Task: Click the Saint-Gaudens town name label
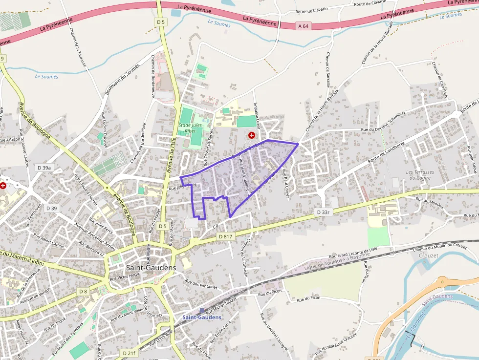[x=151, y=267]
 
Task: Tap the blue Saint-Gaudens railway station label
[x=202, y=317]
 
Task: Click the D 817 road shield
[x=225, y=236]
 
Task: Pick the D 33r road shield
[x=324, y=212]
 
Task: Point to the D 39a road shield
[x=44, y=168]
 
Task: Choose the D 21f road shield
[x=129, y=353]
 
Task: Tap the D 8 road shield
[x=83, y=292]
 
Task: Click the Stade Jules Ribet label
[x=191, y=128]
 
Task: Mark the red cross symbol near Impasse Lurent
[x=251, y=135]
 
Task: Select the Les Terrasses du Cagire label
[x=420, y=175]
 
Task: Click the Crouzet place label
[x=429, y=255]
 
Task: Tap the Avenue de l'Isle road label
[x=171, y=155]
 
